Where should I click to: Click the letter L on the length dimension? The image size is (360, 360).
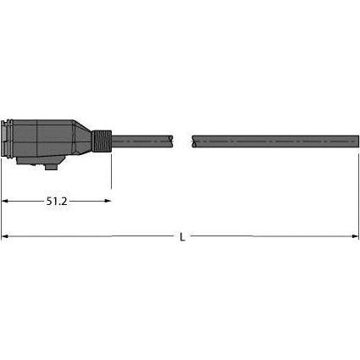click(x=183, y=237)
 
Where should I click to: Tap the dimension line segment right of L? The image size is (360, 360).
click(x=271, y=237)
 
